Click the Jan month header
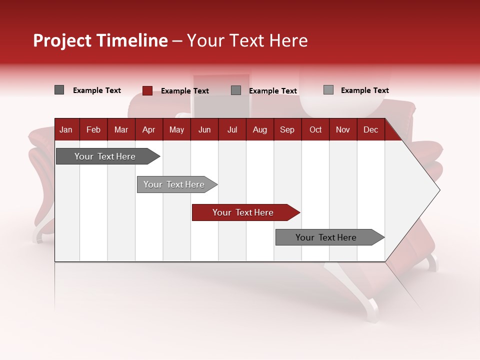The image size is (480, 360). (66, 129)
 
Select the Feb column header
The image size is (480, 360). (93, 129)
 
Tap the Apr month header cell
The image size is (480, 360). (148, 129)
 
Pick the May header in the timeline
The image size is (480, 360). (176, 129)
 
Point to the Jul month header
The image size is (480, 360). (232, 129)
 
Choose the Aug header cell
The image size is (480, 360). (259, 129)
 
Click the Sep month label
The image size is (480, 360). (287, 129)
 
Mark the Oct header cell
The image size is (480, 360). (315, 129)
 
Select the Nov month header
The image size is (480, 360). (343, 129)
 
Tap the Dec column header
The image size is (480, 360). (370, 129)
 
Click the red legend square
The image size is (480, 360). (147, 90)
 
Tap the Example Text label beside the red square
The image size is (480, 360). (184, 91)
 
